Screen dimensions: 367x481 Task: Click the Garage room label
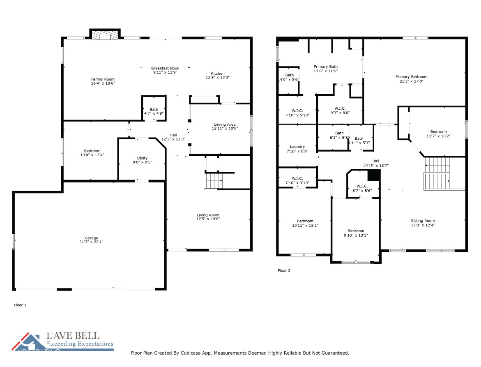[x=91, y=238]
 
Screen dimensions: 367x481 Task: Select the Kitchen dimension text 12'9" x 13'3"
[x=217, y=77]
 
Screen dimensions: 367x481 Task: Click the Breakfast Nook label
[x=165, y=68]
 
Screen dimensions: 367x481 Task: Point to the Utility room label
[x=142, y=158]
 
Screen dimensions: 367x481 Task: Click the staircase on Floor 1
[x=214, y=181]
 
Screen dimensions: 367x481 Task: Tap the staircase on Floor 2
[x=437, y=173]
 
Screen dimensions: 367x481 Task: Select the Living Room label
[x=208, y=215]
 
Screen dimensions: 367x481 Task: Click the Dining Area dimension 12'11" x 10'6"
[x=225, y=129]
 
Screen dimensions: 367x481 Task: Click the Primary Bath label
[x=325, y=67]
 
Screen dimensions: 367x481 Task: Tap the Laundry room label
[x=297, y=147]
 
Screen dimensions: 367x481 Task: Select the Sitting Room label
[x=423, y=221]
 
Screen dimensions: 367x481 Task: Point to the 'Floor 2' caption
[x=284, y=271]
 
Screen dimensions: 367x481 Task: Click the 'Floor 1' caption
[x=20, y=305]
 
